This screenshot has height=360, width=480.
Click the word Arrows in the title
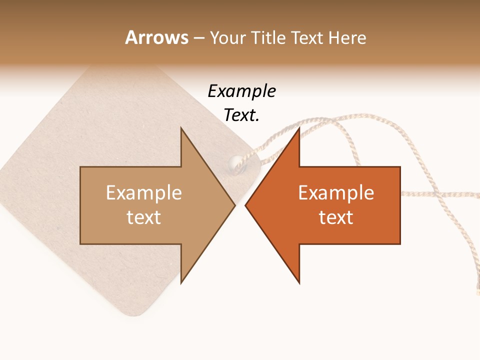pyautogui.click(x=157, y=37)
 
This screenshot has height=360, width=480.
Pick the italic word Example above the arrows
pyautogui.click(x=241, y=91)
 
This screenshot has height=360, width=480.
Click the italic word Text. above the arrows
pyautogui.click(x=241, y=115)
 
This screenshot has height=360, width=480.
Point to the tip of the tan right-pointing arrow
pyautogui.click(x=234, y=205)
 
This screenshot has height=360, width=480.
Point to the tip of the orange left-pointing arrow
pyautogui.click(x=245, y=205)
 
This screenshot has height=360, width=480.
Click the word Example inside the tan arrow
pyautogui.click(x=144, y=193)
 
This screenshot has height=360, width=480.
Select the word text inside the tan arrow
pyautogui.click(x=144, y=217)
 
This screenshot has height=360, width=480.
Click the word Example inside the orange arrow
pyautogui.click(x=336, y=193)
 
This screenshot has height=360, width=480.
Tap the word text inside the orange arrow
pyautogui.click(x=336, y=217)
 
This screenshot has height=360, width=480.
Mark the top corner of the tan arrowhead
pyautogui.click(x=181, y=128)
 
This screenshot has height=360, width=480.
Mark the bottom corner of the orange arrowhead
pyautogui.click(x=299, y=283)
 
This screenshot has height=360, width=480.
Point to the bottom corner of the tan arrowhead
pyautogui.click(x=181, y=283)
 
